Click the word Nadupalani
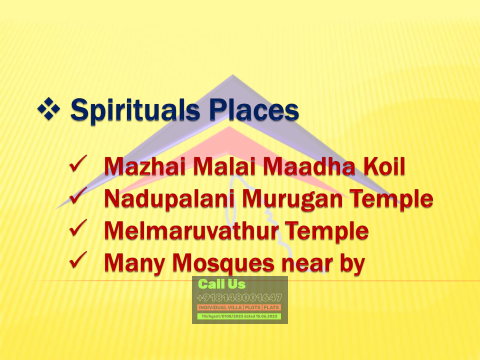click(x=169, y=199)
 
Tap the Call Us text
click(x=222, y=284)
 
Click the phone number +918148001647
click(x=239, y=297)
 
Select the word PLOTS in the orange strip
click(x=252, y=307)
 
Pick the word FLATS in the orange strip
click(x=271, y=307)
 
